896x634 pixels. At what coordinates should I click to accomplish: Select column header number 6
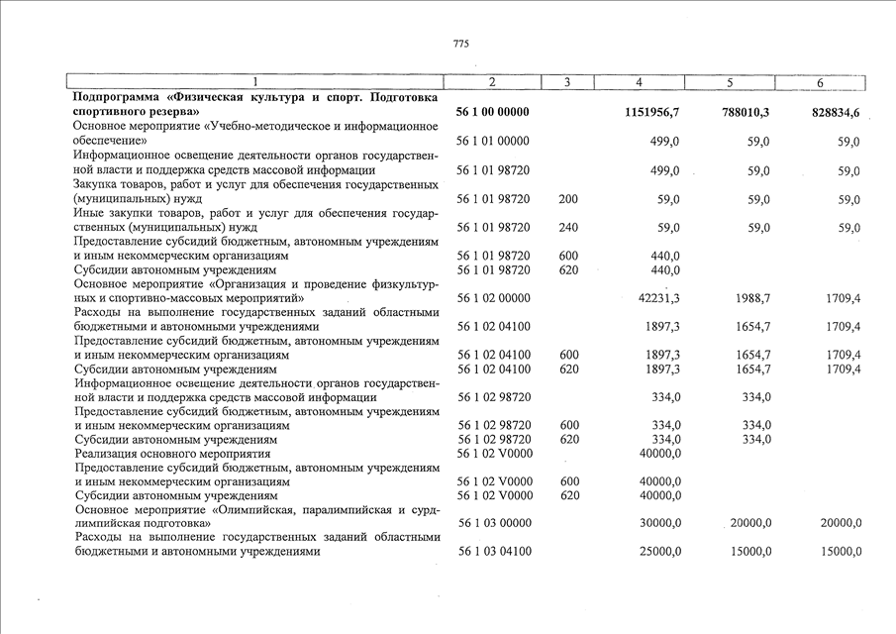pos(820,82)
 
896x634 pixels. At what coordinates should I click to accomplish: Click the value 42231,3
pos(658,298)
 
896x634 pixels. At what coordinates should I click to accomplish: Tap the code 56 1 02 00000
pos(493,298)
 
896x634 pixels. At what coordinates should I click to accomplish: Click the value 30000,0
pos(657,523)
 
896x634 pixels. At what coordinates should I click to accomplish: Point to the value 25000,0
pos(657,552)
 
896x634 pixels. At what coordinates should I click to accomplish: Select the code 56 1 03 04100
pos(493,552)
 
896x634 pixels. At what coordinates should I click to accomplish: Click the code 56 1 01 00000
pos(493,143)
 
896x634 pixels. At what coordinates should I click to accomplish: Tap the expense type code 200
pos(568,199)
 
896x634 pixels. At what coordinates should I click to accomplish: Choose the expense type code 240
pos(568,228)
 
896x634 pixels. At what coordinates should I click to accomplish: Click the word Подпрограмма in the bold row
pos(115,98)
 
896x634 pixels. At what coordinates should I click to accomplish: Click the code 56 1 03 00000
pos(493,523)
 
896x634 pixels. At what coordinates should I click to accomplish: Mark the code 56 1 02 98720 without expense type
pos(493,397)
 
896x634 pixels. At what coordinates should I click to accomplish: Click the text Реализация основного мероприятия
pos(172,454)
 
